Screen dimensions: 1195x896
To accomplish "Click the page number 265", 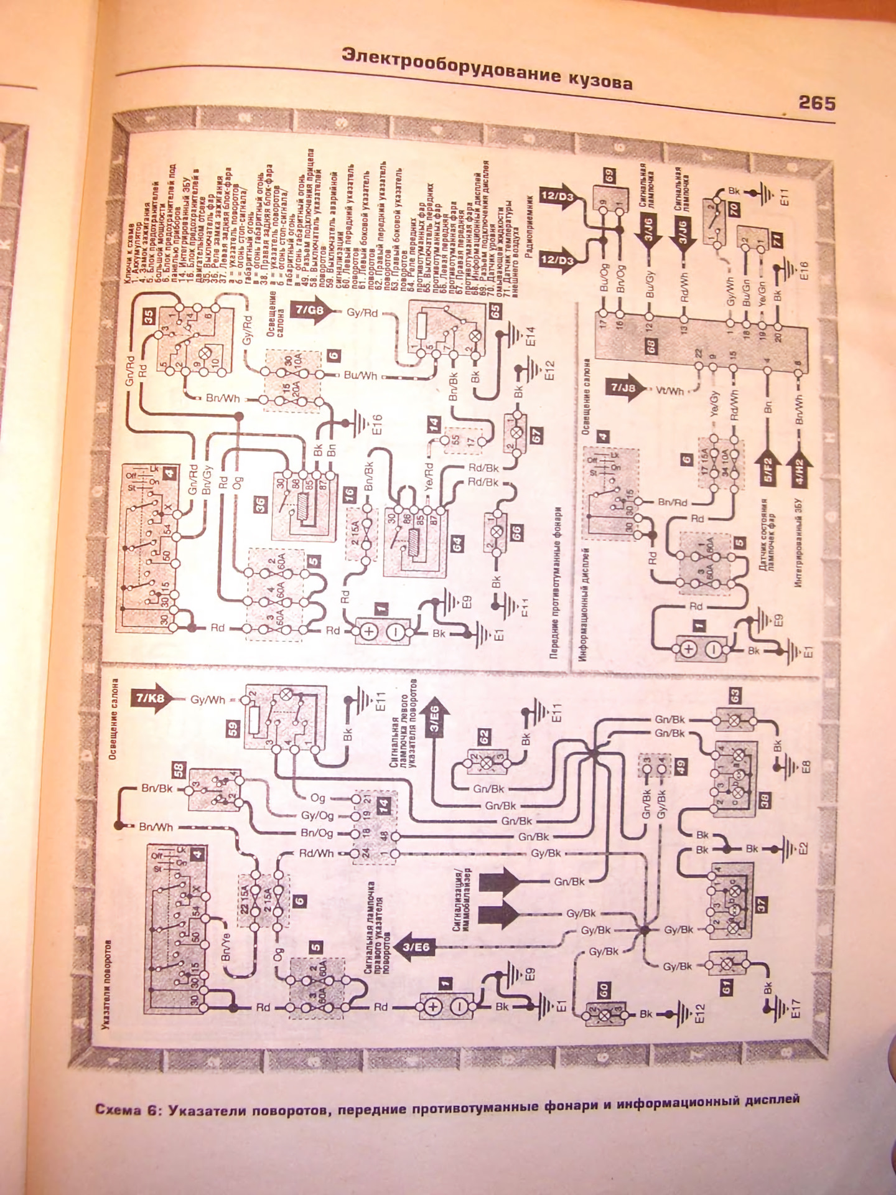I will coord(816,103).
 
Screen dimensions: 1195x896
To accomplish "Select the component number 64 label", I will coord(457,543).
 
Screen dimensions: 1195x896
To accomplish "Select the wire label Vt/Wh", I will coord(670,391).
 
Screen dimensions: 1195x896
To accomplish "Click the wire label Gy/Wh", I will coord(208,700).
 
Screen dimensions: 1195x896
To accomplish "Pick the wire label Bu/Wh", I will coord(361,375).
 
